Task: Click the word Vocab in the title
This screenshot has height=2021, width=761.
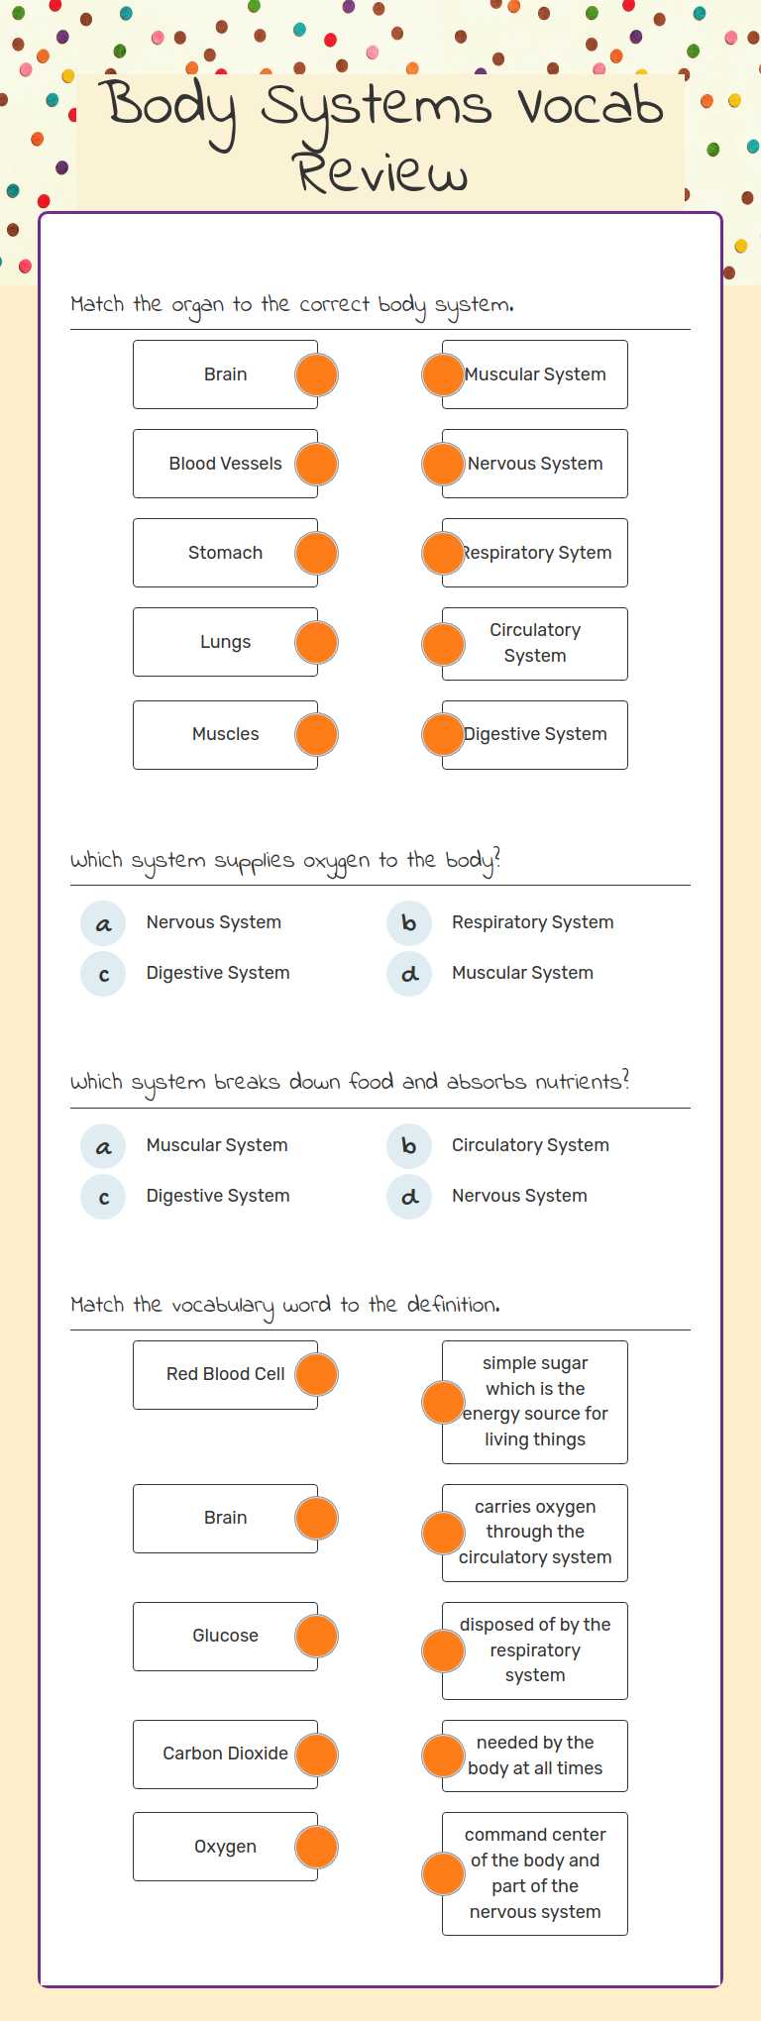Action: (x=591, y=105)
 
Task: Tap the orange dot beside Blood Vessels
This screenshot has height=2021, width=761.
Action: (x=316, y=464)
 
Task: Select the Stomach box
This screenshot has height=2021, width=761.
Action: (x=225, y=553)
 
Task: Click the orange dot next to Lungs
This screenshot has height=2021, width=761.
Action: (x=316, y=642)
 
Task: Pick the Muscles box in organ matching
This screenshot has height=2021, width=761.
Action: (x=225, y=734)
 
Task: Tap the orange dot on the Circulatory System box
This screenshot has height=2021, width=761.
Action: (x=443, y=644)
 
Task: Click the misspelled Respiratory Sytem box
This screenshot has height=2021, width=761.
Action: (x=536, y=553)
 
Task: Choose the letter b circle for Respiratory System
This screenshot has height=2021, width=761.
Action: (x=408, y=923)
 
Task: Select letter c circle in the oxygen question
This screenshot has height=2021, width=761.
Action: (x=103, y=974)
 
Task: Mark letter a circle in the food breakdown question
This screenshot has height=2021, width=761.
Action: (x=103, y=1146)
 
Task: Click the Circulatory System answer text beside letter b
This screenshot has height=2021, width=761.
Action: (x=530, y=1145)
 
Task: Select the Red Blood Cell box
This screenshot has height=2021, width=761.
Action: (x=225, y=1374)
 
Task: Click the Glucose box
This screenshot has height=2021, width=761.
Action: (x=225, y=1636)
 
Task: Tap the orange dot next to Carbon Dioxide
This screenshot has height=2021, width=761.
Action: (x=316, y=1754)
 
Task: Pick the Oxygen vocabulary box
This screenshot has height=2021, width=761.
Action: (x=225, y=1847)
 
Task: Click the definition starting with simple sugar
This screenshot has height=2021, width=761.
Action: (x=536, y=1401)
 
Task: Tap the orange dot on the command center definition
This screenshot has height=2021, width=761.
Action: (x=443, y=1873)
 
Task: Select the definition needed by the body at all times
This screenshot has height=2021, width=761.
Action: (x=536, y=1755)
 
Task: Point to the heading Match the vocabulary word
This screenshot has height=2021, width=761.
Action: (x=284, y=1305)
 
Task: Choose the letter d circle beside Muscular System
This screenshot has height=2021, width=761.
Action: (x=408, y=974)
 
